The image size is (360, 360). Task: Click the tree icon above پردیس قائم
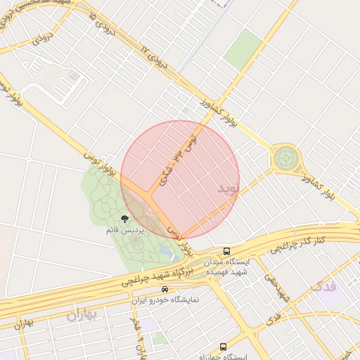(x=125, y=219)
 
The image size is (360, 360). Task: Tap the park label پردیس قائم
(x=125, y=230)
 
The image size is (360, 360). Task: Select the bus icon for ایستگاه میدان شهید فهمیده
(x=226, y=251)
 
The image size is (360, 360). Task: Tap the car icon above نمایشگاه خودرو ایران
(x=165, y=289)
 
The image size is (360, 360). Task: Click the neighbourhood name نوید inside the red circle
(x=229, y=188)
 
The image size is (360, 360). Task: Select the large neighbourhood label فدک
(x=323, y=286)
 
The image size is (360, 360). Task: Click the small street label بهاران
(x=24, y=324)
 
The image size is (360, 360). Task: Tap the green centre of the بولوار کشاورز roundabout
(x=285, y=158)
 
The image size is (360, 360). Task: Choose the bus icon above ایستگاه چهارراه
(x=223, y=346)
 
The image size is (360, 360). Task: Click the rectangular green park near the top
(x=243, y=49)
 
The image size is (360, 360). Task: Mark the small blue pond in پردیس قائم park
(x=165, y=250)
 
